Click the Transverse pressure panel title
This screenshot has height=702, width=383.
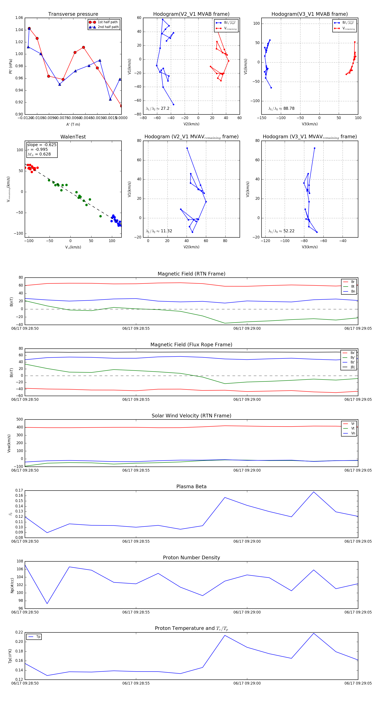coord(73,14)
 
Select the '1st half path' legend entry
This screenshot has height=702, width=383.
coord(107,22)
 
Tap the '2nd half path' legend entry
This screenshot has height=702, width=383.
coord(108,27)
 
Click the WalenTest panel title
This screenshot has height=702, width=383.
coord(73,137)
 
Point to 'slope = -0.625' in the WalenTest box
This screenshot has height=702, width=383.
coord(42,145)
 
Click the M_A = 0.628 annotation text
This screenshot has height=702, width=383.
coord(39,154)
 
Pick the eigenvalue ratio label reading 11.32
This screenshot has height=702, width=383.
coord(159,231)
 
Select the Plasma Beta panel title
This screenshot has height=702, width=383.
coord(191,487)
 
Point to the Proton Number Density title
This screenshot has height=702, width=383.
coord(191,558)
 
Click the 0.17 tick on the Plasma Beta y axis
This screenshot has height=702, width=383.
coord(19,491)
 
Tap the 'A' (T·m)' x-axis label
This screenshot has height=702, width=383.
coord(73,124)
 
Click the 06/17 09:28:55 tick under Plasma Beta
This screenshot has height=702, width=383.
coord(136,541)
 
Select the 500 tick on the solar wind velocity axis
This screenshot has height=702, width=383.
coord(20,419)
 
